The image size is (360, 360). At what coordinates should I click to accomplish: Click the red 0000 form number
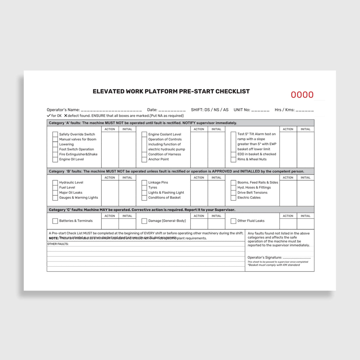[x=302, y=95]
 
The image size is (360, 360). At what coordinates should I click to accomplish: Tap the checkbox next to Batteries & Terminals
[x=55, y=221]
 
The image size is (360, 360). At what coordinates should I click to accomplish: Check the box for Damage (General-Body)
[x=144, y=221]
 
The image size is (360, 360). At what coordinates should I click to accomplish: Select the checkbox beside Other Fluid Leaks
[x=233, y=221]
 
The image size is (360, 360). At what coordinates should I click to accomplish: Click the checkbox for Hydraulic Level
[x=55, y=182]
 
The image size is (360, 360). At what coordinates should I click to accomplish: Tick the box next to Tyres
[x=144, y=187]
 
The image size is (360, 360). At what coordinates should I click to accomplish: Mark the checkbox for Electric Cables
[x=233, y=198]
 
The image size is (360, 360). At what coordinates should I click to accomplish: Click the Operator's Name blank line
[x=111, y=110]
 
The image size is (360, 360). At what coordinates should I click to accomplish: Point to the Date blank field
[x=172, y=110]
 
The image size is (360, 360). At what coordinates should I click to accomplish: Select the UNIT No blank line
[x=260, y=110]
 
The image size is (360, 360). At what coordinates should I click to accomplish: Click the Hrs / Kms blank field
[x=304, y=110]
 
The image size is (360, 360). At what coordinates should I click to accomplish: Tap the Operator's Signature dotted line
[x=297, y=258]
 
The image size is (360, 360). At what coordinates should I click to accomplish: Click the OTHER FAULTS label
[x=58, y=244]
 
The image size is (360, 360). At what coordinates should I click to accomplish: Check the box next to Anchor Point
[x=144, y=159]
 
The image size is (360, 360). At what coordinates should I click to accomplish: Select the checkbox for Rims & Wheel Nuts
[x=233, y=159]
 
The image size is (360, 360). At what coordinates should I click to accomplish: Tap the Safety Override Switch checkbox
[x=55, y=134]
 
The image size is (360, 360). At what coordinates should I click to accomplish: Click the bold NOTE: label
[x=54, y=238]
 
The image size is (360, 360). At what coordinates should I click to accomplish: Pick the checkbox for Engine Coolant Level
[x=144, y=134]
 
